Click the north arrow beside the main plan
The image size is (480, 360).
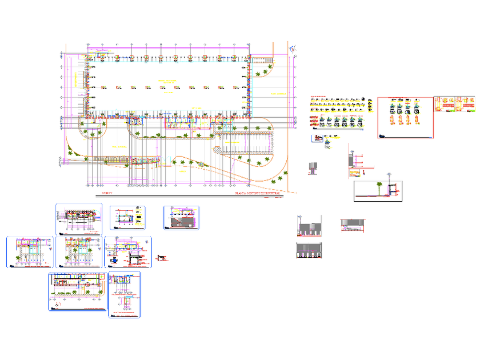point(293,50)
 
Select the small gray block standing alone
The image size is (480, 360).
point(312,167)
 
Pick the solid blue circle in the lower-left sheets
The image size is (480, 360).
point(113,258)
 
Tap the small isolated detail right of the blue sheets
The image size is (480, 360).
point(161,258)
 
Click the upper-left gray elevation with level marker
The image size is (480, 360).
point(309,227)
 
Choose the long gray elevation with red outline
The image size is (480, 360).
point(352,225)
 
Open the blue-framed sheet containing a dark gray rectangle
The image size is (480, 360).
point(181,218)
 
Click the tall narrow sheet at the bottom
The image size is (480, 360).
point(124,294)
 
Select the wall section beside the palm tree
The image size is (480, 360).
point(392,189)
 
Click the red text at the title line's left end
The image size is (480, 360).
point(106,194)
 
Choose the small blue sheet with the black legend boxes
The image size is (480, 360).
point(127,218)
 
